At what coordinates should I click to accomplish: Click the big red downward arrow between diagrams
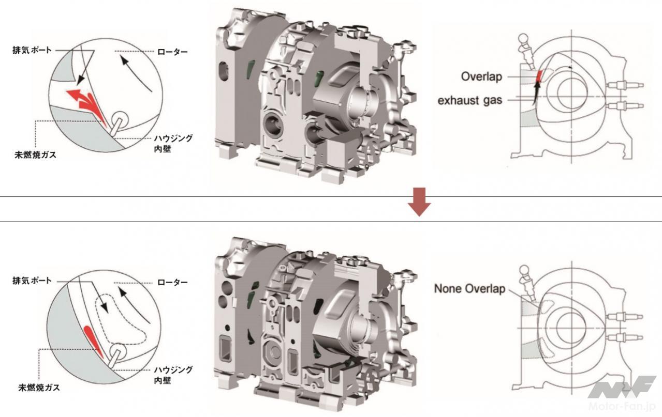point(419,202)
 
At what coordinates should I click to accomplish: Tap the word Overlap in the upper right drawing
point(481,76)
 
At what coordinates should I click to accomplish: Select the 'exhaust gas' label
point(470,100)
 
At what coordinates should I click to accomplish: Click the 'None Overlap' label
point(469,289)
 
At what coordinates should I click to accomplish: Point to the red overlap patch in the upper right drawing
point(539,76)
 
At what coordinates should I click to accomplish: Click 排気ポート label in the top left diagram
point(32,50)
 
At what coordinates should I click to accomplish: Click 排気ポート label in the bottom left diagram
point(32,281)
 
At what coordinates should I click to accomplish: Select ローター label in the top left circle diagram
point(172,52)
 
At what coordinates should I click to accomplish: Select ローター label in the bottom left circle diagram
point(172,283)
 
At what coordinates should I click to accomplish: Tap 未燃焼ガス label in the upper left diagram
point(36,155)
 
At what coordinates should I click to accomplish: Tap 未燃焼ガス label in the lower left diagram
point(39,388)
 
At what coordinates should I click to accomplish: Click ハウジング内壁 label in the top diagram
point(173,144)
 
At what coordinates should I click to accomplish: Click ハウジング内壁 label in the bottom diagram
point(173,375)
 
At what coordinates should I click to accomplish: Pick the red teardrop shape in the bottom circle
point(93,341)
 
